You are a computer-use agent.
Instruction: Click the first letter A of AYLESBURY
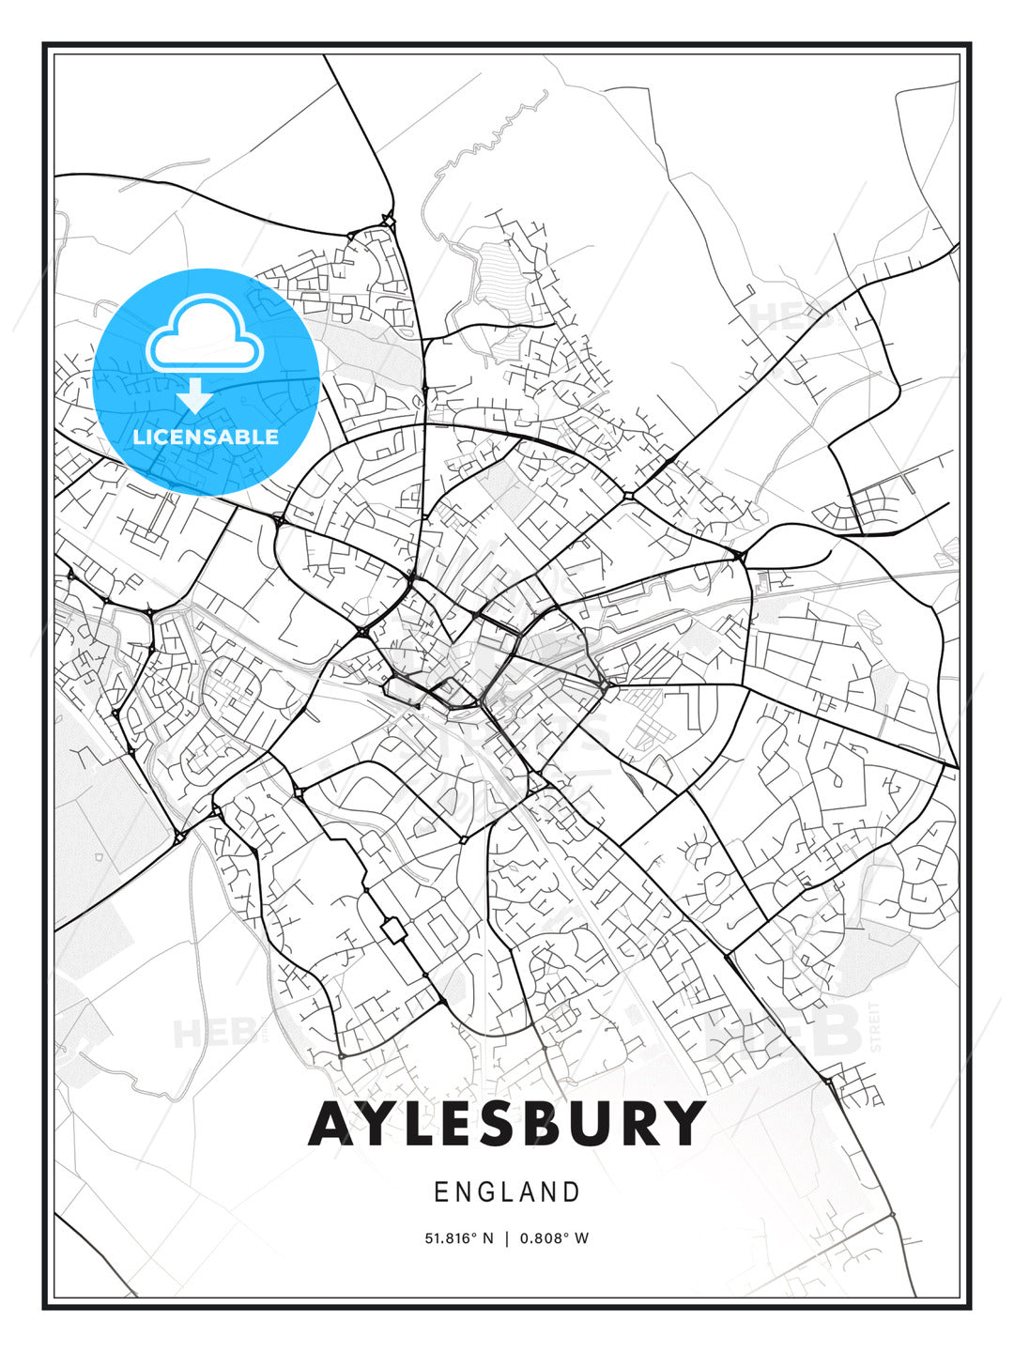point(335,1124)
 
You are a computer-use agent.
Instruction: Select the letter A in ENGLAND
point(527,1192)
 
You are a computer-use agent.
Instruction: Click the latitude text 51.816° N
point(459,1238)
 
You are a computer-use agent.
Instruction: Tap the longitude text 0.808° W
point(555,1238)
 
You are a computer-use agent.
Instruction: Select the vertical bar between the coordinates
point(507,1238)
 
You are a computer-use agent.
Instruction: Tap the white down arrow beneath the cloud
point(195,397)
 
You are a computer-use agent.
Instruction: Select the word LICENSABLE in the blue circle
point(206,437)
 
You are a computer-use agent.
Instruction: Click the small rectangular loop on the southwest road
point(393,930)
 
